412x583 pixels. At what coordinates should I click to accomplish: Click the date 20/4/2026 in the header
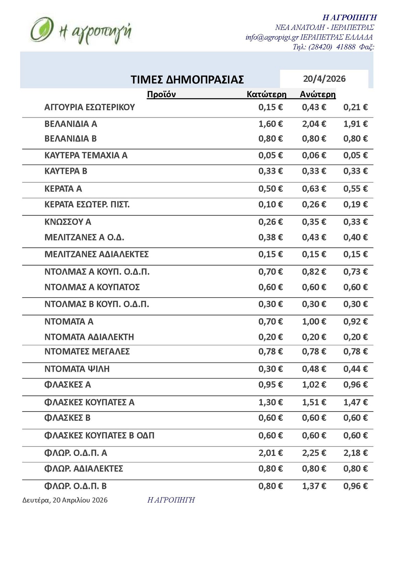pyautogui.click(x=324, y=79)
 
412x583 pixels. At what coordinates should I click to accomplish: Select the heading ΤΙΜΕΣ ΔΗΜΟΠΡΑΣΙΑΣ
pyautogui.click(x=187, y=80)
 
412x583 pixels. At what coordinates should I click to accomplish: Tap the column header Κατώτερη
pyautogui.click(x=266, y=94)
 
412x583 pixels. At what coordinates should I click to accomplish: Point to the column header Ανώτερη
pyautogui.click(x=318, y=94)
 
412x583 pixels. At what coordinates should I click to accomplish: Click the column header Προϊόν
pyautogui.click(x=161, y=94)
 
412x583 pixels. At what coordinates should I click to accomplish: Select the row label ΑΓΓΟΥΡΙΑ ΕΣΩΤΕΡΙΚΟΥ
pyautogui.click(x=90, y=107)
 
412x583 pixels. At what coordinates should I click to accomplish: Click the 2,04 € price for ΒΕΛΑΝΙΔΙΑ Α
pyautogui.click(x=314, y=124)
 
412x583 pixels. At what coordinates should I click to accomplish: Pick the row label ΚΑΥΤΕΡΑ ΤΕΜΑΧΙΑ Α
pyautogui.click(x=86, y=155)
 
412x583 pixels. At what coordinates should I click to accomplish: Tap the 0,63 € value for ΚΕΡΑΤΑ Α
pyautogui.click(x=314, y=189)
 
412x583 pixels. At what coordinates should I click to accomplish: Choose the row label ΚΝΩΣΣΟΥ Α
pyautogui.click(x=68, y=222)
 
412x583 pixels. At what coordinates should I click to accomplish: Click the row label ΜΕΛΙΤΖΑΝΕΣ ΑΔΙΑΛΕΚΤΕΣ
pyautogui.click(x=96, y=255)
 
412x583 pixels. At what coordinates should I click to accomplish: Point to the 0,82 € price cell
pyautogui.click(x=314, y=272)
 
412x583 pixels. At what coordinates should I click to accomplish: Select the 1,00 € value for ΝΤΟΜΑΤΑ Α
pyautogui.click(x=314, y=322)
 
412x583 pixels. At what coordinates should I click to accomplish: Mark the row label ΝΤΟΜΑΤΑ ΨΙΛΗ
pyautogui.click(x=77, y=369)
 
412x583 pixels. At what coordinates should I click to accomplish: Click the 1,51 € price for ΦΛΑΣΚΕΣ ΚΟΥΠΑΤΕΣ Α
pyautogui.click(x=314, y=402)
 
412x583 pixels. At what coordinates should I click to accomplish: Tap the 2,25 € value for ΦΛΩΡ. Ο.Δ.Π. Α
pyautogui.click(x=314, y=453)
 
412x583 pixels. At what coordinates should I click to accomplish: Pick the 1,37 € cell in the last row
pyautogui.click(x=314, y=486)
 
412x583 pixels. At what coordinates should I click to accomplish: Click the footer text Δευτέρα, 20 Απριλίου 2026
pyautogui.click(x=65, y=500)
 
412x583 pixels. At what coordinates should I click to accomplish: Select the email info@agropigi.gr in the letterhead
pyautogui.click(x=272, y=37)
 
